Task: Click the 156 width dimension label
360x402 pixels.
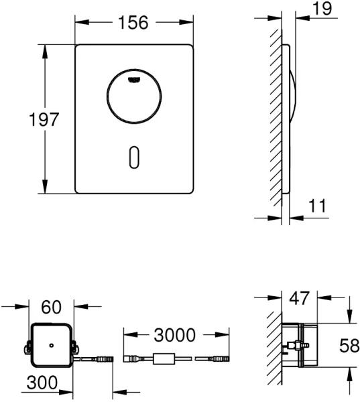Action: (x=133, y=22)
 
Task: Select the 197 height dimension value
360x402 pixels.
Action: (x=44, y=119)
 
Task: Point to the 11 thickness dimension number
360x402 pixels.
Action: (x=317, y=206)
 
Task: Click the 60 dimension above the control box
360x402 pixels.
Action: (x=52, y=307)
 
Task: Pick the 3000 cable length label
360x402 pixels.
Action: (x=174, y=335)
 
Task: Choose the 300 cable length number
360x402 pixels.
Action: (x=42, y=383)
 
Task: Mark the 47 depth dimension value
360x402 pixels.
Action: (x=299, y=298)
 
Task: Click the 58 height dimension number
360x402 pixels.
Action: (x=349, y=345)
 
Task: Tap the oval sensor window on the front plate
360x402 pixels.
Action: (x=134, y=157)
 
